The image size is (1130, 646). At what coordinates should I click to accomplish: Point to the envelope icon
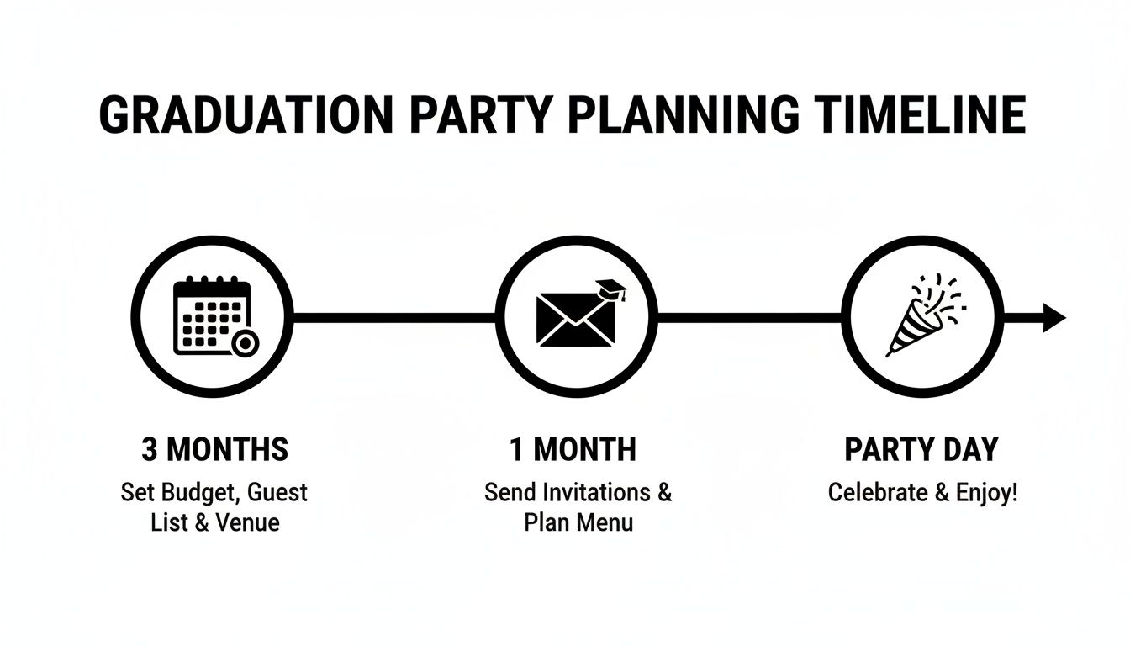click(575, 319)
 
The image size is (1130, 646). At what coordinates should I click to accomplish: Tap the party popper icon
click(923, 315)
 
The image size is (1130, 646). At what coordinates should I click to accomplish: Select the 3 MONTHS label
click(214, 450)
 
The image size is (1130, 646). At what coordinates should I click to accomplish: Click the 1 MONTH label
click(573, 450)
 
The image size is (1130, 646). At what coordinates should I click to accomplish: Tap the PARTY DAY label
click(921, 450)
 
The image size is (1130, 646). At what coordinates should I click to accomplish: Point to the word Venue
click(247, 522)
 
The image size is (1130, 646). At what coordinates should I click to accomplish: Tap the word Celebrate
click(879, 492)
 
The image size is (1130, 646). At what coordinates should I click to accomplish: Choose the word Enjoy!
click(987, 493)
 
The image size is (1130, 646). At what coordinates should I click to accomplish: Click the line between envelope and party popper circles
click(749, 317)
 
